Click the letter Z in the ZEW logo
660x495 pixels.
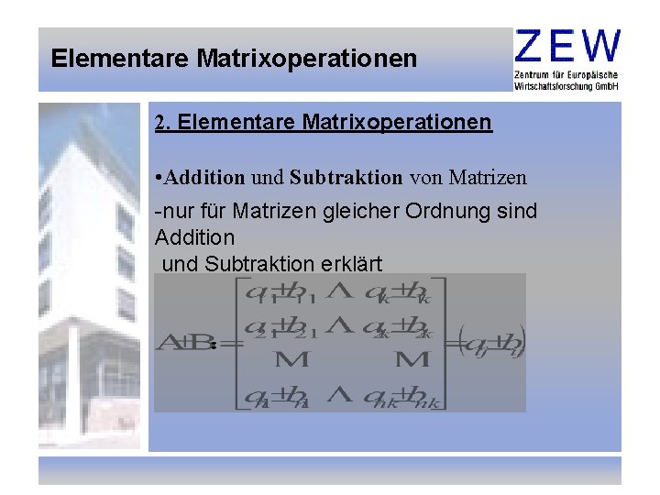click(x=532, y=46)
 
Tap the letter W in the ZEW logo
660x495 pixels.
click(x=600, y=46)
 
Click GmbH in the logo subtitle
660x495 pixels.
click(x=607, y=85)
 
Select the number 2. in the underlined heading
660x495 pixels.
click(x=163, y=122)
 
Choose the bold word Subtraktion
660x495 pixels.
click(x=346, y=175)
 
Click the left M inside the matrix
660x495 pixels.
click(x=291, y=361)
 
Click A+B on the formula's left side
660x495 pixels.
click(x=182, y=344)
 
